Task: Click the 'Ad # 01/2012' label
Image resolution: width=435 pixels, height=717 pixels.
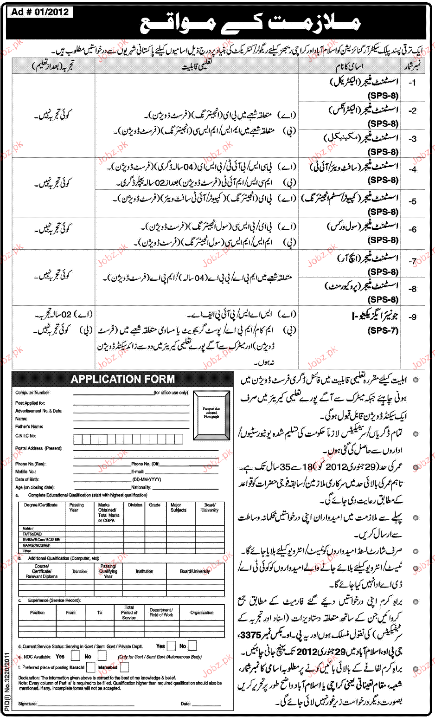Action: tap(40, 12)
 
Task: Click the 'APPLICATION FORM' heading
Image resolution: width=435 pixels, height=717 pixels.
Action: tap(122, 379)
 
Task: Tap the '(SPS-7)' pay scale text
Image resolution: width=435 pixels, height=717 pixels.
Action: tap(383, 331)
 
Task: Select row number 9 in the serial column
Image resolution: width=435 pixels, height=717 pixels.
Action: tap(412, 317)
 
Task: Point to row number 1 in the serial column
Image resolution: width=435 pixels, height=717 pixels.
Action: tap(412, 83)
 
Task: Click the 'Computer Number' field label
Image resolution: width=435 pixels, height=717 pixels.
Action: tap(32, 393)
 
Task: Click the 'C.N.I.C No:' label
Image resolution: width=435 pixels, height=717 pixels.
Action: tap(26, 436)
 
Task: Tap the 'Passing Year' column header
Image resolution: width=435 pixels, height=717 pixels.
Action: tap(77, 507)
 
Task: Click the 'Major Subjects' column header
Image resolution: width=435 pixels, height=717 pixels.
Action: tap(178, 507)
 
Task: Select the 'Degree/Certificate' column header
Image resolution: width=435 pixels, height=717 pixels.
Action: tap(41, 505)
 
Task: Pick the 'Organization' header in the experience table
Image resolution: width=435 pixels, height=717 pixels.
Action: tap(202, 613)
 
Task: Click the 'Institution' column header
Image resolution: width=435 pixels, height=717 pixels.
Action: tap(144, 571)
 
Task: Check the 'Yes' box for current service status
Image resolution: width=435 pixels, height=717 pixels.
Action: tap(171, 646)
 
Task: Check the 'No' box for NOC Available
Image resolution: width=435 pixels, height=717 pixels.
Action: tap(102, 656)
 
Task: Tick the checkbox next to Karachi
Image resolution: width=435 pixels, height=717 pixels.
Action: tap(90, 667)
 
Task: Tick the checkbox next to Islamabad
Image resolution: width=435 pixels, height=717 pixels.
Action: tap(124, 667)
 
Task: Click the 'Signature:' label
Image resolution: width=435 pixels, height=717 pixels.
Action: tap(27, 704)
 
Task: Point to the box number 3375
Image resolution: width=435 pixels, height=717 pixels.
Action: tap(251, 635)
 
